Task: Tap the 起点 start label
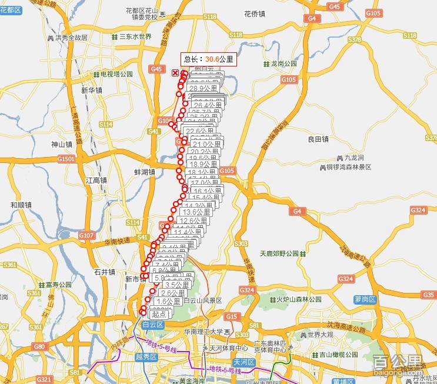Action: [x=158, y=315]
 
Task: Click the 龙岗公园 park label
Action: [x=285, y=63]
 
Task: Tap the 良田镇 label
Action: [x=318, y=139]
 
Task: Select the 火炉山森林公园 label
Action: [x=299, y=299]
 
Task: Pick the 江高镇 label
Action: [x=95, y=181]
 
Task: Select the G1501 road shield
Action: [x=66, y=159]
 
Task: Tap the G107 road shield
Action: [x=86, y=236]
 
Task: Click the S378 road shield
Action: [x=355, y=39]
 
